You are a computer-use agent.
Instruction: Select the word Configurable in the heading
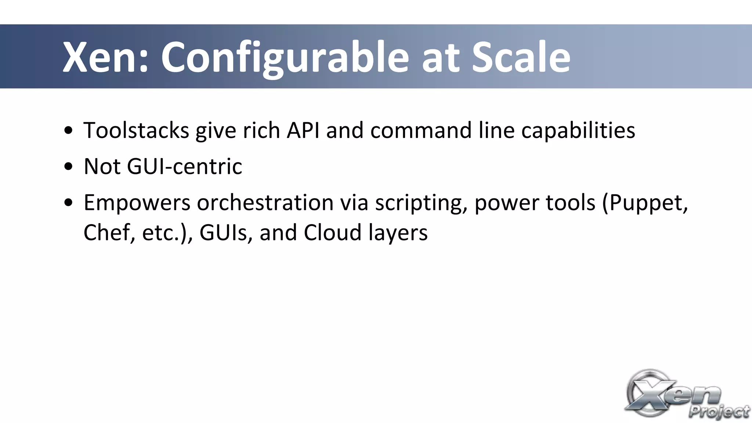pyautogui.click(x=285, y=58)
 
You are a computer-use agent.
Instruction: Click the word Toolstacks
pyautogui.click(x=136, y=131)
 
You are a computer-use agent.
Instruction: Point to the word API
pyautogui.click(x=303, y=131)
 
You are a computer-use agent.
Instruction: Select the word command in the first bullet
pyautogui.click(x=421, y=131)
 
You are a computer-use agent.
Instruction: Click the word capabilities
pyautogui.click(x=578, y=131)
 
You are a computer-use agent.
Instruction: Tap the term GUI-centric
pyautogui.click(x=184, y=167)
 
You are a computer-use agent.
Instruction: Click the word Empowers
pyautogui.click(x=137, y=203)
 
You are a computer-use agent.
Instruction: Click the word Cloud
pyautogui.click(x=333, y=233)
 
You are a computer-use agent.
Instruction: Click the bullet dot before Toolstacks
pyautogui.click(x=68, y=131)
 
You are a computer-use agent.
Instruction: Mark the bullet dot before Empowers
pyautogui.click(x=68, y=203)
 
